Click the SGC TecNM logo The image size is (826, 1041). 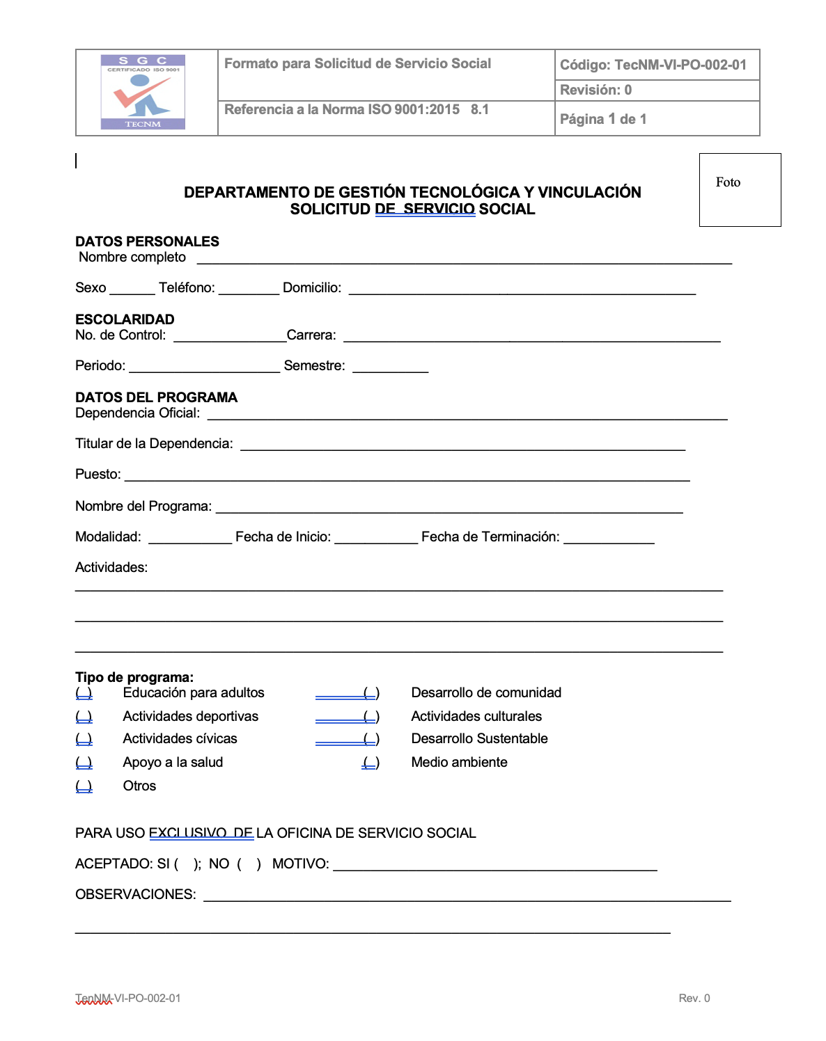(x=143, y=92)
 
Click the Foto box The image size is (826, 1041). (x=740, y=189)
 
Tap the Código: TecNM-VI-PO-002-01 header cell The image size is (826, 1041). (x=653, y=65)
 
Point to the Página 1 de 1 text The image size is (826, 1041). (x=603, y=119)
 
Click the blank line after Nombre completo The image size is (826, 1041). (x=464, y=259)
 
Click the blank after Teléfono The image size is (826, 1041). (x=249, y=289)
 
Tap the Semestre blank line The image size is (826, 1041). (x=390, y=367)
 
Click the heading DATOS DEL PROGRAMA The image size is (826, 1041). (x=156, y=397)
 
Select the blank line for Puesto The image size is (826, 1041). (x=407, y=476)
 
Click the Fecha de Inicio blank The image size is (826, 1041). (x=375, y=539)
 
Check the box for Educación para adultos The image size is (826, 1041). (x=84, y=693)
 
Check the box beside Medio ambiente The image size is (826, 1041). (x=371, y=763)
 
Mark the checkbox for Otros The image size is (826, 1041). (x=84, y=786)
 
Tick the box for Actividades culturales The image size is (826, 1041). (x=371, y=717)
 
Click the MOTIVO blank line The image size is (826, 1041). (x=494, y=866)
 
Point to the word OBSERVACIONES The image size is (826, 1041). (x=135, y=894)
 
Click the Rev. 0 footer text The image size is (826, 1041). (x=694, y=998)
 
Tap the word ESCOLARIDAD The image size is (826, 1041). (x=125, y=319)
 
